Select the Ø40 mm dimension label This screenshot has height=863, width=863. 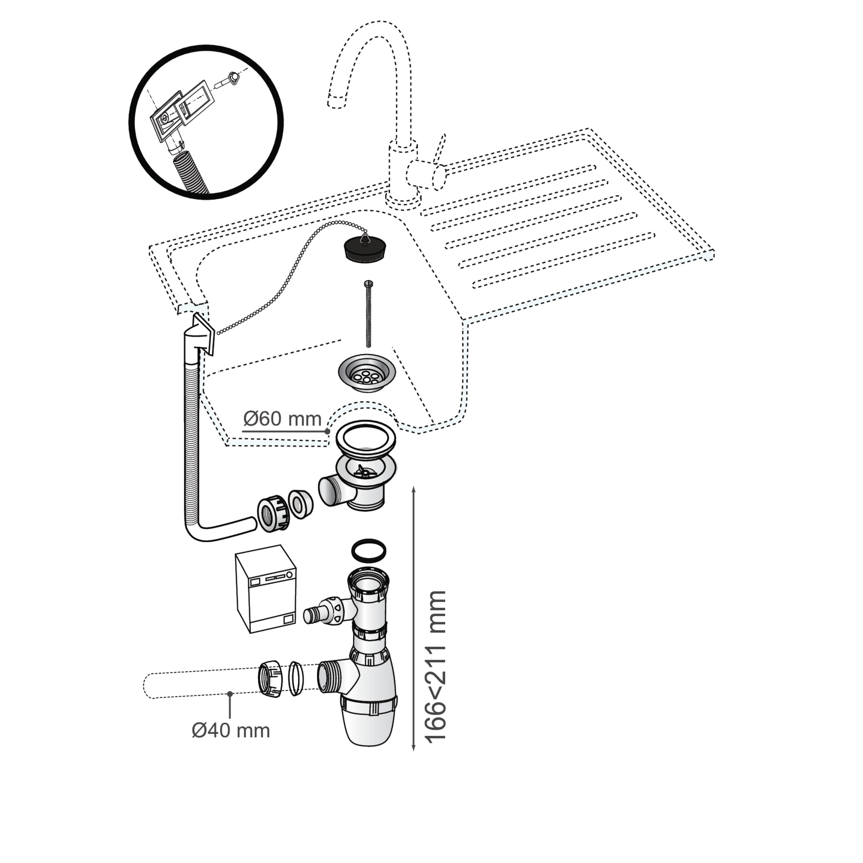(231, 731)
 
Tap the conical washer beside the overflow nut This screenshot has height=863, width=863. (300, 504)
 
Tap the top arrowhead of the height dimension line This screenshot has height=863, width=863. (414, 489)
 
